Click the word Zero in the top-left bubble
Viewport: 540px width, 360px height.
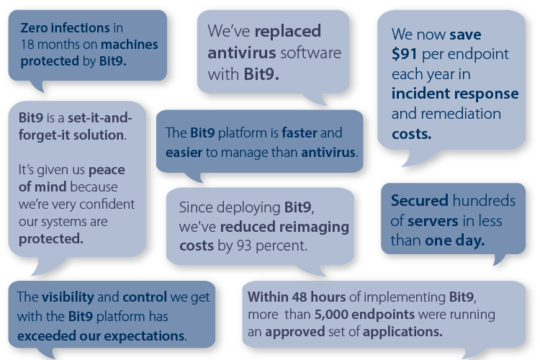[x=35, y=30]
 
